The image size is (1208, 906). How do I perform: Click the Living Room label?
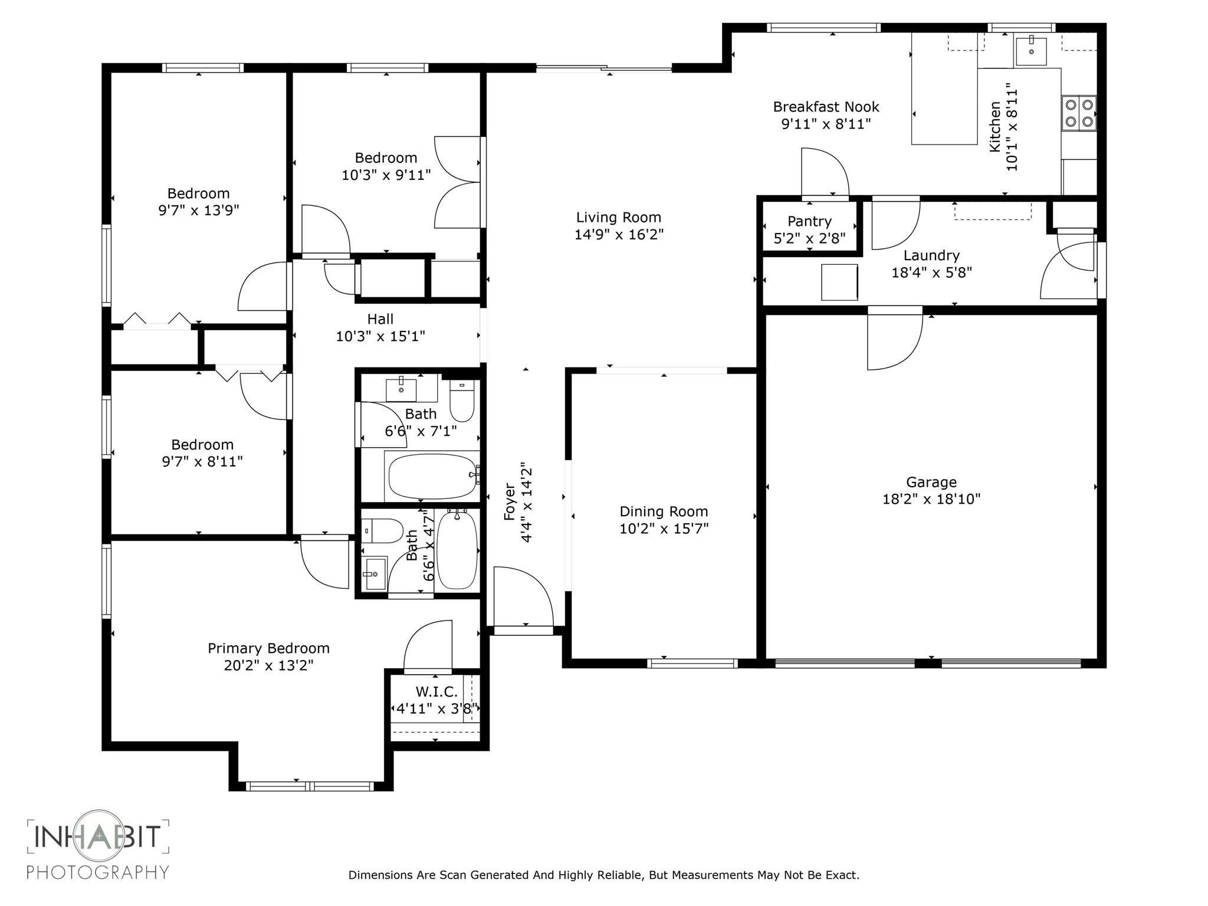(x=619, y=218)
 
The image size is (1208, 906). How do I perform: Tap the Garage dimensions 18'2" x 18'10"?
(x=931, y=499)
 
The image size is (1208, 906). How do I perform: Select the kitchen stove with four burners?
(x=1079, y=113)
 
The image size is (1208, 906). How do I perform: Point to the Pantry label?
(x=809, y=221)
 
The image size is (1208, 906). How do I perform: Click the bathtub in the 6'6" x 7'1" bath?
(x=432, y=476)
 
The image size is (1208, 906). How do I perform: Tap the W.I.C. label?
(x=436, y=692)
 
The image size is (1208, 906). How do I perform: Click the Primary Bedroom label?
(x=268, y=648)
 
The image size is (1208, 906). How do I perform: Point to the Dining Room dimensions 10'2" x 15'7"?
(x=664, y=528)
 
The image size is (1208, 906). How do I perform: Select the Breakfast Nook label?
(x=826, y=107)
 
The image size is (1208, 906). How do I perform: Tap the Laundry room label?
(x=931, y=255)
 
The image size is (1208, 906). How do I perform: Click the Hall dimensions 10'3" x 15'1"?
(x=380, y=336)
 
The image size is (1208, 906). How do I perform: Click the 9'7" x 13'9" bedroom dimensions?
(x=198, y=211)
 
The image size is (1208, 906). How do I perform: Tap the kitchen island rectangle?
(x=944, y=88)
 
